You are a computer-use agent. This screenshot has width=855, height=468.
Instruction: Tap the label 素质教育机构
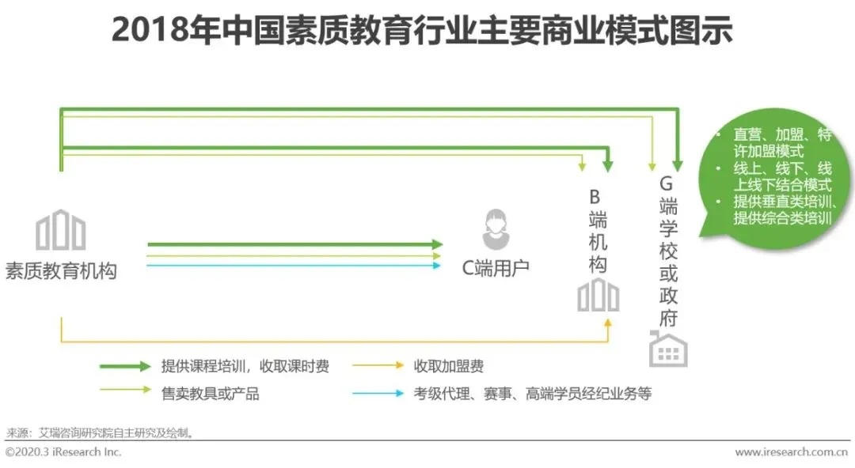pos(61,270)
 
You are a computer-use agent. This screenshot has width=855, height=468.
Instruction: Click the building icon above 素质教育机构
pos(61,229)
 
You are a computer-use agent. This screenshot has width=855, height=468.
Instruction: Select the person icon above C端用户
pos(496,229)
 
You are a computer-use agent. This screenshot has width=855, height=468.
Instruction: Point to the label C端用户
pos(496,268)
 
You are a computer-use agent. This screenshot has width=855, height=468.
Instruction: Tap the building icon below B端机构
pos(598,296)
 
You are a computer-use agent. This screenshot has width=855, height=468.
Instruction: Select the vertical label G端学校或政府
pos(669,251)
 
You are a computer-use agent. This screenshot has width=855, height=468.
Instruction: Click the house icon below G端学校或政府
pos(668,349)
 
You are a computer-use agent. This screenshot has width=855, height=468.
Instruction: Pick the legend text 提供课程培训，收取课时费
pos(245,366)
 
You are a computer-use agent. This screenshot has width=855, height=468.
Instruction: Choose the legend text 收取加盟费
pos(448,366)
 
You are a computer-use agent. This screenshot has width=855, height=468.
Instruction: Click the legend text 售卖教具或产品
pos(210,393)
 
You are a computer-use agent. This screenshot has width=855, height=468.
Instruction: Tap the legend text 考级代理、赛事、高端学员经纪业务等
pos(532,393)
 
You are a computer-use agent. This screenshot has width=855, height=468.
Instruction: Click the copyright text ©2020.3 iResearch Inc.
pos(63,452)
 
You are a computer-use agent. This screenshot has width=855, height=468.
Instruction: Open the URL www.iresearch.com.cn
pos(792,452)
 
